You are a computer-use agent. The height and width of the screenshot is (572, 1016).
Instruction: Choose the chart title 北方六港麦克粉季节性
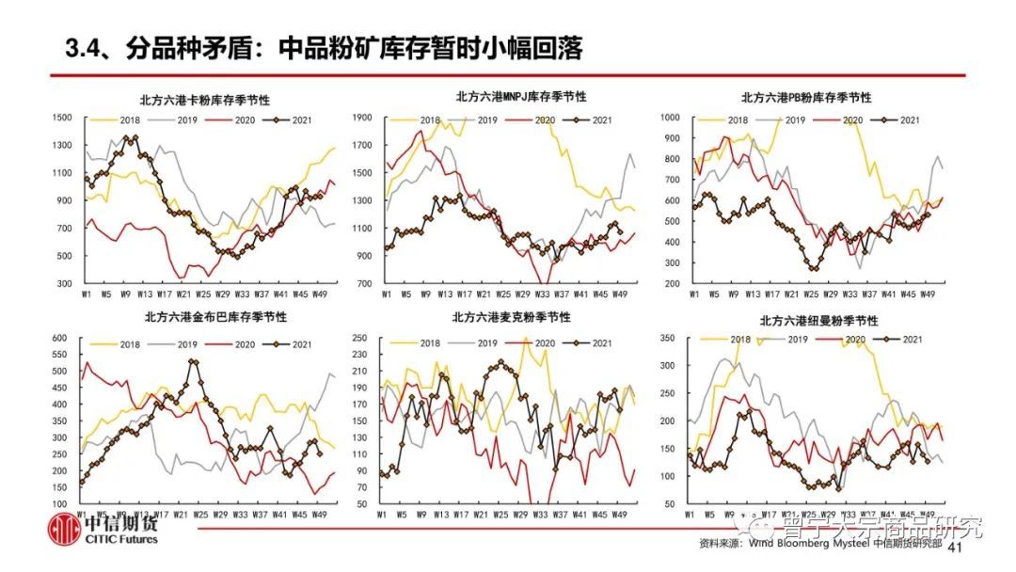click(511, 317)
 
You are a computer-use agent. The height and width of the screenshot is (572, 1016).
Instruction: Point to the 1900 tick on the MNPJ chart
click(365, 118)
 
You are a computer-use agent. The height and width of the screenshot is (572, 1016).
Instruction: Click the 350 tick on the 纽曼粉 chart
click(669, 338)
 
